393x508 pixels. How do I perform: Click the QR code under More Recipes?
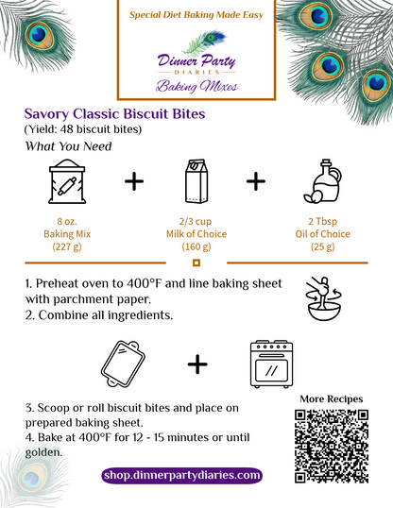click(x=332, y=447)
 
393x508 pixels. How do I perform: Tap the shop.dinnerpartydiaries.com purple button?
click(x=181, y=476)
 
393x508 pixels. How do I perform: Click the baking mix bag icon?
click(x=67, y=181)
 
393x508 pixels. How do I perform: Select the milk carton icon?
click(x=196, y=181)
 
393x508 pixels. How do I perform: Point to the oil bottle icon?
click(x=323, y=181)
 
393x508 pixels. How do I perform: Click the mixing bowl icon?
click(x=324, y=298)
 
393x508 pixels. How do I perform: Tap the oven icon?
click(x=272, y=364)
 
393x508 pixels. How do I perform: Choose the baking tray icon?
click(x=123, y=364)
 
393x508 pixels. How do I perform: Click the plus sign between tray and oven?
click(x=197, y=364)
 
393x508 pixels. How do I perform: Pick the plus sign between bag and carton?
click(x=134, y=181)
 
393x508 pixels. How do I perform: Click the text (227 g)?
click(x=67, y=246)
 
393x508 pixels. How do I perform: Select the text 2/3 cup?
click(x=196, y=221)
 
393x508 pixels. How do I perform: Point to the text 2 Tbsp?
click(x=323, y=221)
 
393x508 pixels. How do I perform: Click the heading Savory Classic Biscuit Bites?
click(x=115, y=113)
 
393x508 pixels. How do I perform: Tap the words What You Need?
click(x=68, y=146)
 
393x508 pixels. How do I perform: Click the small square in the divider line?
click(x=196, y=262)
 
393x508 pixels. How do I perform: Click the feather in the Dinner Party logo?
click(x=204, y=42)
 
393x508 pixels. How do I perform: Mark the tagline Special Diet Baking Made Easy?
click(x=196, y=15)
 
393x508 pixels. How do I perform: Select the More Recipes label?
click(x=332, y=399)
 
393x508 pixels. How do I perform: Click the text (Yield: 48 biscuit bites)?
click(x=83, y=129)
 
